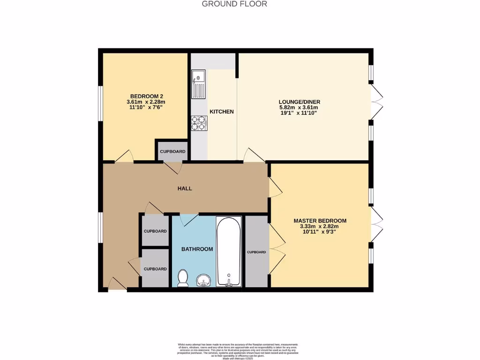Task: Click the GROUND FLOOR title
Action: [234, 4]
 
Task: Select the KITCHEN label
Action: [221, 112]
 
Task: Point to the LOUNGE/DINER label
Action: [299, 102]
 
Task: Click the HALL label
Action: [185, 188]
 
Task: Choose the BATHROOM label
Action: [197, 249]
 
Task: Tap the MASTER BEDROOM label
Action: [320, 221]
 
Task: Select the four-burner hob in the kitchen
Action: [199, 123]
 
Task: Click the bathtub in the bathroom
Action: [229, 251]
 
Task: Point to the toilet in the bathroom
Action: [183, 277]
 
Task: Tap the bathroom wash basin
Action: [203, 280]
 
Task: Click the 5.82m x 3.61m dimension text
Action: [299, 107]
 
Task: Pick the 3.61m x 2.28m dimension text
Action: [146, 101]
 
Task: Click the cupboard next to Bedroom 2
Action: [172, 151]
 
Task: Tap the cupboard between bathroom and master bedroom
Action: [256, 252]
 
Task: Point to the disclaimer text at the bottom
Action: [238, 349]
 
